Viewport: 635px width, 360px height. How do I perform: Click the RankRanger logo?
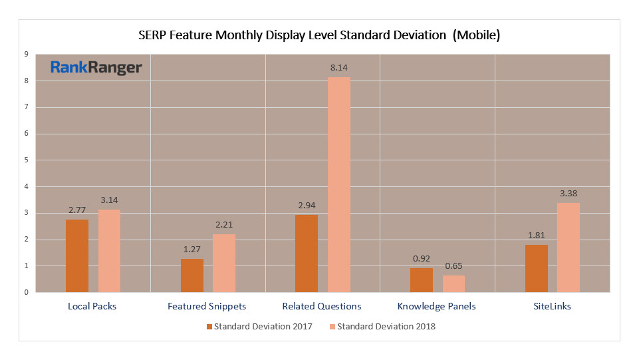[96, 68]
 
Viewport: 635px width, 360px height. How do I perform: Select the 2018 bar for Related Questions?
[339, 184]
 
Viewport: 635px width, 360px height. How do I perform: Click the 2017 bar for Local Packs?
[77, 256]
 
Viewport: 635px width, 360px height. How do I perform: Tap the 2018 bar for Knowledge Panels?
[454, 283]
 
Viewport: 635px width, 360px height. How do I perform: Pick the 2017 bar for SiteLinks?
[536, 268]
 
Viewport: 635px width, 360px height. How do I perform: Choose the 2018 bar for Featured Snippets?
[224, 263]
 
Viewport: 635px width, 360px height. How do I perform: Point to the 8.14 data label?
[339, 68]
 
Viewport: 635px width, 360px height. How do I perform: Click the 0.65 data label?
[454, 266]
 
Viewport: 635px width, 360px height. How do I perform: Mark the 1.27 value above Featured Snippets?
[192, 250]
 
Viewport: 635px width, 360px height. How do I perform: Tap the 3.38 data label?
[569, 194]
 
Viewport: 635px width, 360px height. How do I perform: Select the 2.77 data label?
[78, 210]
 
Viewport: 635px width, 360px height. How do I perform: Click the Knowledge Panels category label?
[436, 307]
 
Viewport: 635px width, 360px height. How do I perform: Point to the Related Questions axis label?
[322, 307]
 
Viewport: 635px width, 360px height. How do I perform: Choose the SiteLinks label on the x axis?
[551, 307]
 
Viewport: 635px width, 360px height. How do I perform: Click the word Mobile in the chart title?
[474, 35]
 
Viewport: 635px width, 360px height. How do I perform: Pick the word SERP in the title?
[152, 35]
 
